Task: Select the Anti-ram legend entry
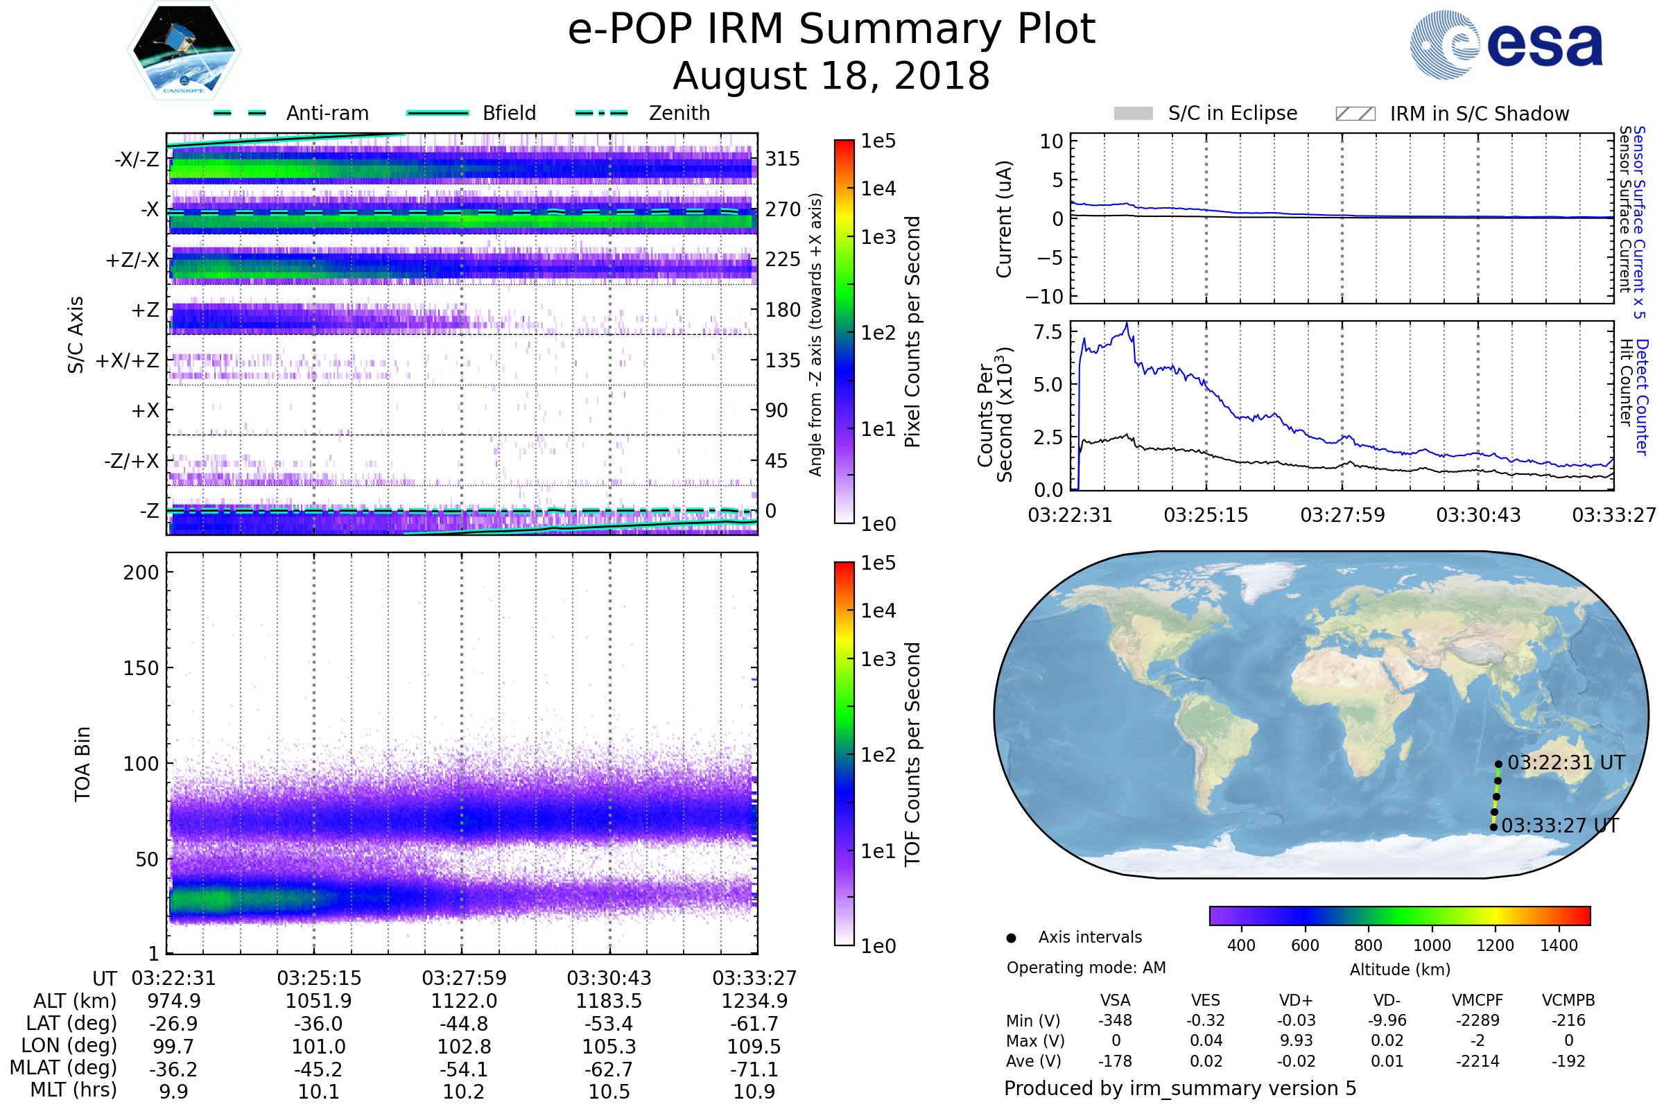click(291, 113)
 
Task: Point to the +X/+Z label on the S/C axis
click(128, 360)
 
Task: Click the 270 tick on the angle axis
click(783, 209)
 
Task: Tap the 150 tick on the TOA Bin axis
click(141, 668)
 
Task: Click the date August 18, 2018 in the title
click(831, 76)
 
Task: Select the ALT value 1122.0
click(464, 1001)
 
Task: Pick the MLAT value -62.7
click(609, 1069)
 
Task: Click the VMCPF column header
click(1477, 1000)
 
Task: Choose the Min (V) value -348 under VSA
click(1115, 1020)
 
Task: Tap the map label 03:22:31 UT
click(1566, 762)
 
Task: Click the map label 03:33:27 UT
click(1560, 826)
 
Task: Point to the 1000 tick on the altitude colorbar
click(1432, 945)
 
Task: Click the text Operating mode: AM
click(1086, 968)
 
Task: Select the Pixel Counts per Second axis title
click(912, 331)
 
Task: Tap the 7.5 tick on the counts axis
click(1048, 332)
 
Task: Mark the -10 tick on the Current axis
click(1044, 297)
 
